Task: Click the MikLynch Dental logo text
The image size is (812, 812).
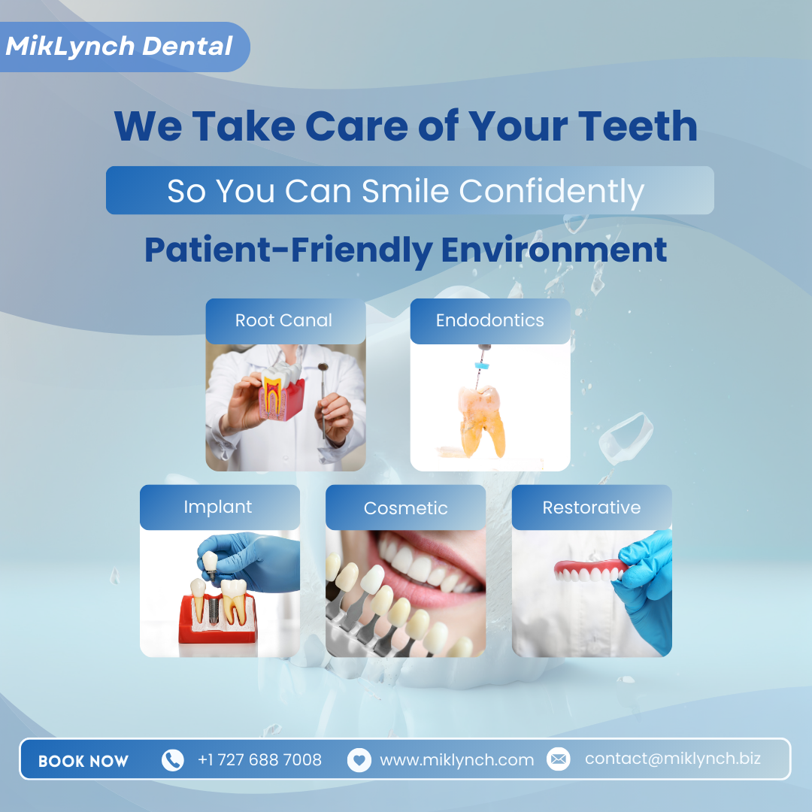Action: [x=119, y=46]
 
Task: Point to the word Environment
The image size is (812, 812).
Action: [x=553, y=250]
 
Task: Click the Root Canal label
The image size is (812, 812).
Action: [x=283, y=320]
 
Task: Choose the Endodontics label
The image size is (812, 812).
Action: [x=490, y=320]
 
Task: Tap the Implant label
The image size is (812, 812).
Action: [x=218, y=507]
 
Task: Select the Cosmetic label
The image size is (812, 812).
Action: [x=405, y=508]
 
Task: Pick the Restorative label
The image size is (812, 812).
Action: [x=592, y=507]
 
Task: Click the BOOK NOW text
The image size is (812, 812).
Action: [x=83, y=761]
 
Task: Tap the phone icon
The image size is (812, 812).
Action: [x=172, y=760]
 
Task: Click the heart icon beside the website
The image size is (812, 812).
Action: [x=359, y=760]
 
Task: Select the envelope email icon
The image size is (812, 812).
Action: [x=558, y=759]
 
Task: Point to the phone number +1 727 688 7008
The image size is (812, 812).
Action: [x=259, y=759]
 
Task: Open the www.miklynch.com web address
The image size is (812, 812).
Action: [x=457, y=760]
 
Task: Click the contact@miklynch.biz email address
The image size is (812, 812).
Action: [x=673, y=759]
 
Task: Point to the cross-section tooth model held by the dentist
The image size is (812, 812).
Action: [x=281, y=392]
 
